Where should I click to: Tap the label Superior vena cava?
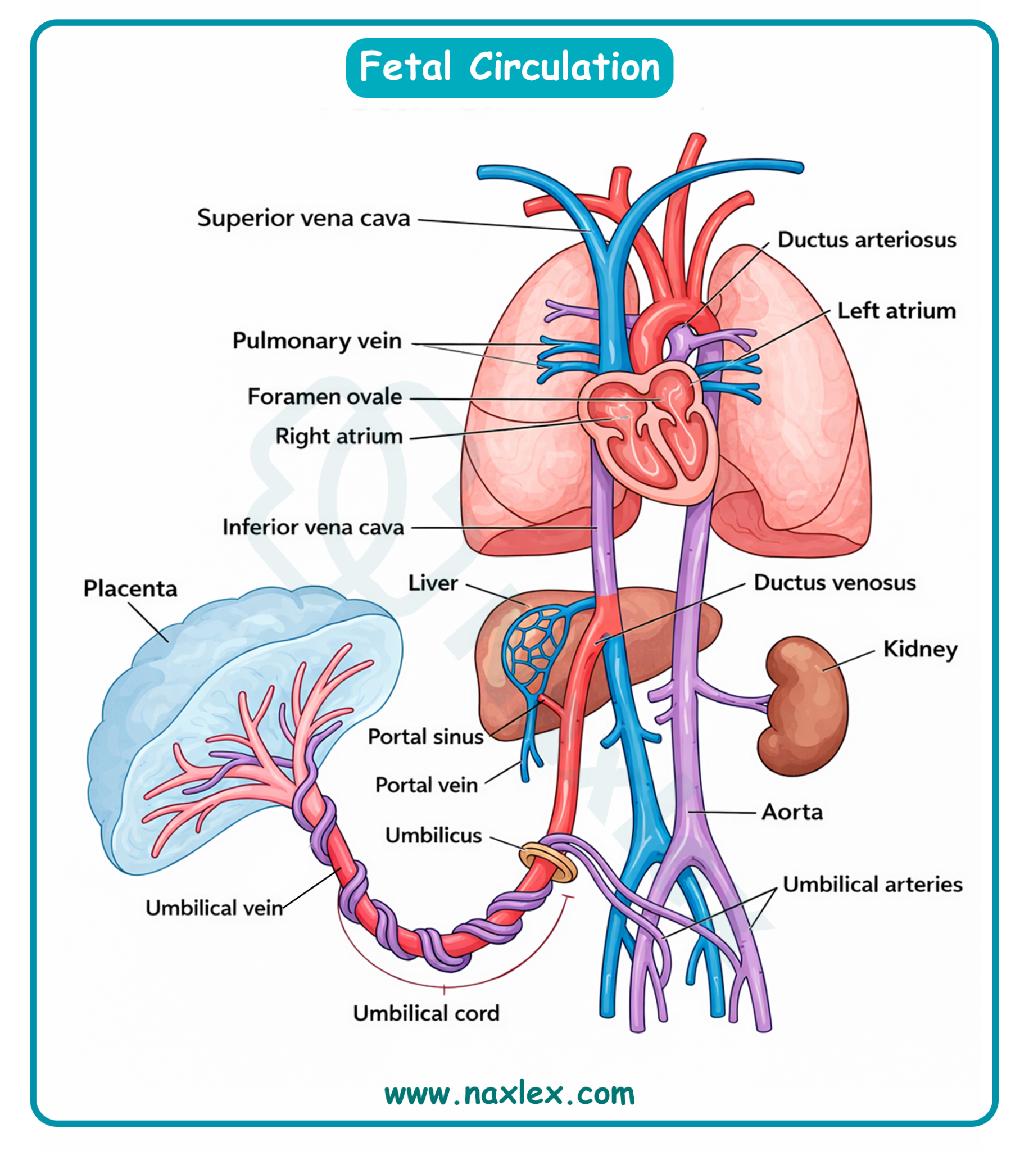pos(303,218)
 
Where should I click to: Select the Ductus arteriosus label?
pos(867,239)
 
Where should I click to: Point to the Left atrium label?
pos(896,311)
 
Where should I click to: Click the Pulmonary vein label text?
pos(316,341)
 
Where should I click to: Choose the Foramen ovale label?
pos(324,397)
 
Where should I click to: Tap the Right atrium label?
pos(339,437)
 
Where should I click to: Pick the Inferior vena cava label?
pos(312,527)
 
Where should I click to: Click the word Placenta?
pos(130,588)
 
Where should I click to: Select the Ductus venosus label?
pos(835,583)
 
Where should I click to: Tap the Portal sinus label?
pos(425,737)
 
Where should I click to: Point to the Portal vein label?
pos(427,785)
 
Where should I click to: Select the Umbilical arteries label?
pos(872,884)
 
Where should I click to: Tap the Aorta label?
pos(791,812)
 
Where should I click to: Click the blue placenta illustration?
pos(226,706)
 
